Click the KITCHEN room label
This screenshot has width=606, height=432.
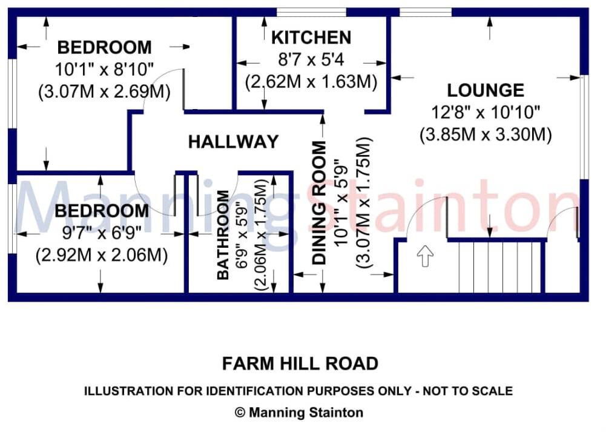311,38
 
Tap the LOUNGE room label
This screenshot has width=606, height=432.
486,91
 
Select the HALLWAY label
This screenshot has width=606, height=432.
233,142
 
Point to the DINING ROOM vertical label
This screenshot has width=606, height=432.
319,203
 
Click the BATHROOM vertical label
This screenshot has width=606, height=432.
223,235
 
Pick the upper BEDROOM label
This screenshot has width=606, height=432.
104,47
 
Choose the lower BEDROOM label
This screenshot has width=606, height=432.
101,211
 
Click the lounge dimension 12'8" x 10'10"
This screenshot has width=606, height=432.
485,112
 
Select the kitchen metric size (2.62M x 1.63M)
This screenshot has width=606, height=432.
311,81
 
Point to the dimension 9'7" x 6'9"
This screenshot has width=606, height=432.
101,234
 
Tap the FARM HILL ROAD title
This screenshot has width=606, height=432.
300,364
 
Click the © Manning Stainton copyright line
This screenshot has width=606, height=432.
299,413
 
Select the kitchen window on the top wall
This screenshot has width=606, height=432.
312,12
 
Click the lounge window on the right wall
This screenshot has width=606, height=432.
584,127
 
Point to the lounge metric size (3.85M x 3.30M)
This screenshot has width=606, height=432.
486,134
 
